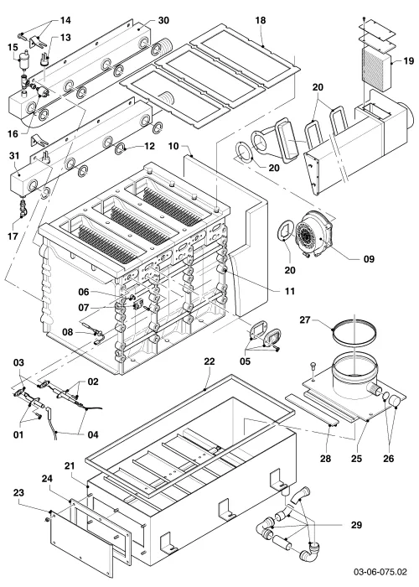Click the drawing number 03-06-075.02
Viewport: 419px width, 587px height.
tap(380, 572)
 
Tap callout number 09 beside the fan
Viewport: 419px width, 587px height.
tap(369, 259)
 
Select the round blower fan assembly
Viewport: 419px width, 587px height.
tap(313, 234)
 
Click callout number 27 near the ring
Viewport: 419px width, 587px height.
tap(305, 320)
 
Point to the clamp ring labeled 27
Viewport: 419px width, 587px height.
tap(354, 334)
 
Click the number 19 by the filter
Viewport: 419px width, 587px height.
tap(409, 60)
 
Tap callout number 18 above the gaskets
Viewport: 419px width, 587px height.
tap(261, 20)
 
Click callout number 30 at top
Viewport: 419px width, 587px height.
tap(163, 20)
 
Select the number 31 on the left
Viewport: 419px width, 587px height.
tap(14, 155)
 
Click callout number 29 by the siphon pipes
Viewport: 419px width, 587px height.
tap(356, 525)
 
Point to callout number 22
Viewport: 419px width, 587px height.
tap(209, 361)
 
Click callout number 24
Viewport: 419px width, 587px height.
tap(47, 479)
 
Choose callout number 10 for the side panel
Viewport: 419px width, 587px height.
tap(173, 146)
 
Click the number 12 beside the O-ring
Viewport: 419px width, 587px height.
tap(149, 146)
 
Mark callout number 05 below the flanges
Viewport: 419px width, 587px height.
tap(246, 361)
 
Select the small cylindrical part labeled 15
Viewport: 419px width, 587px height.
tap(25, 60)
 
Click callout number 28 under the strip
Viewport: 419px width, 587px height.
tap(326, 458)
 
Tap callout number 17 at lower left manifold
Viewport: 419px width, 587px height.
tap(13, 236)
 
